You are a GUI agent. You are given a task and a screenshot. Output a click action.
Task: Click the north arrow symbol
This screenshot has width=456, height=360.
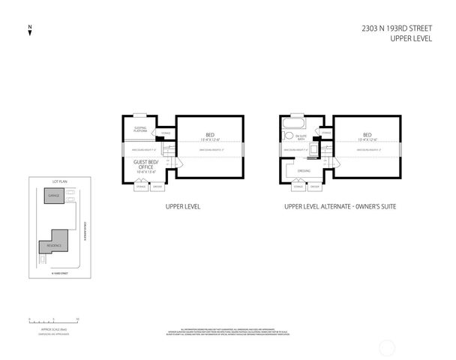click(29, 31)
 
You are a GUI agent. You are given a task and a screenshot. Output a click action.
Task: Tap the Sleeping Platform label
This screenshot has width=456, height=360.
click(140, 129)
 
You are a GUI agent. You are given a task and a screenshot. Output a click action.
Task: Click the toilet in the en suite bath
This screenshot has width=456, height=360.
click(287, 137)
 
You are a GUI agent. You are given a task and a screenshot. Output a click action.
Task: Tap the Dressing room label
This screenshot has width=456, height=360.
click(304, 170)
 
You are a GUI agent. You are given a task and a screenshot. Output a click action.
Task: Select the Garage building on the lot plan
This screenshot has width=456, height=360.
click(53, 196)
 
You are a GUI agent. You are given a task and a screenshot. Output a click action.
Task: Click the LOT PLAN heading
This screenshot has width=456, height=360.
click(59, 181)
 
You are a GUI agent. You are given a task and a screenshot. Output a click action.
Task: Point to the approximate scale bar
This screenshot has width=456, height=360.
click(52, 319)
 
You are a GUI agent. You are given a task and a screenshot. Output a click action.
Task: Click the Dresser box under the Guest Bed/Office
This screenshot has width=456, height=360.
click(156, 186)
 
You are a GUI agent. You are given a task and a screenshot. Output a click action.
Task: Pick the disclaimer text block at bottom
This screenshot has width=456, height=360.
click(228, 331)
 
